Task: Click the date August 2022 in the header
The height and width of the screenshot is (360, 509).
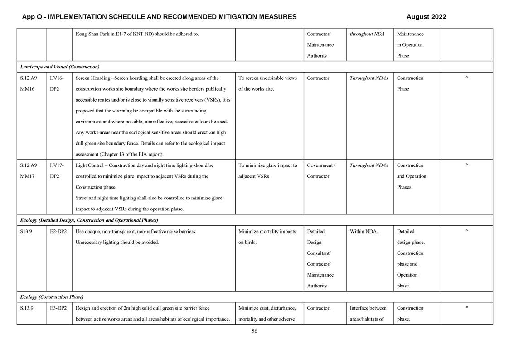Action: (426, 17)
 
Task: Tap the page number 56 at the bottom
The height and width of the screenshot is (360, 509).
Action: (254, 331)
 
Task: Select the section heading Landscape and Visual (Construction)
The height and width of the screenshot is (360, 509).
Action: (60, 67)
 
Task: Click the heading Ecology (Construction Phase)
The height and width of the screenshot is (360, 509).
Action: (52, 297)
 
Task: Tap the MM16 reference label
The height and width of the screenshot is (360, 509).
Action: (28, 89)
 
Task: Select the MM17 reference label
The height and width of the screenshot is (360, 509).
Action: (28, 176)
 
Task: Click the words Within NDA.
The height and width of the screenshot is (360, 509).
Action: (364, 231)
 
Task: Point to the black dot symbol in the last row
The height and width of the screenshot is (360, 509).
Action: (466, 307)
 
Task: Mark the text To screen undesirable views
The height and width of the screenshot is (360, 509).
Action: (267, 78)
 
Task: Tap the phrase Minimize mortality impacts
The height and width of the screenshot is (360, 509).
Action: (267, 231)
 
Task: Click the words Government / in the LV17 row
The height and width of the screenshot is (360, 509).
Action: (321, 165)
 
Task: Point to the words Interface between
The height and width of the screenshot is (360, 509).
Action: (368, 308)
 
